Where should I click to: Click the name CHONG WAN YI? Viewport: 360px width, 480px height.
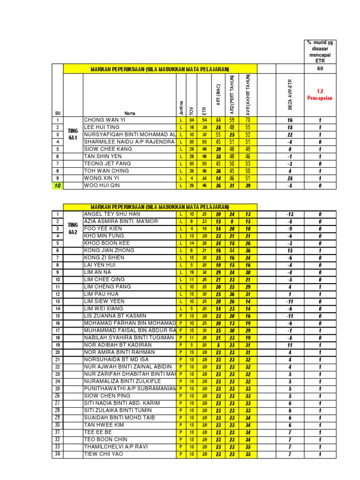(x=105, y=120)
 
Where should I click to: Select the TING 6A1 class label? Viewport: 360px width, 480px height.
(x=72, y=134)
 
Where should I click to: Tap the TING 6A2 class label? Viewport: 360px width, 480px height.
(x=72, y=228)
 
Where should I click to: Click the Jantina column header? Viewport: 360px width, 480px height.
(x=181, y=107)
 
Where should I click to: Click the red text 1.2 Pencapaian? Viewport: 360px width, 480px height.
(x=320, y=95)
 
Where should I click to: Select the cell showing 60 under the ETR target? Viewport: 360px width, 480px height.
(x=320, y=68)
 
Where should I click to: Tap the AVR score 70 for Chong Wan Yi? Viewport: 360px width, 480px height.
(x=248, y=120)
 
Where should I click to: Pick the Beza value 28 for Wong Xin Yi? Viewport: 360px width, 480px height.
(x=290, y=178)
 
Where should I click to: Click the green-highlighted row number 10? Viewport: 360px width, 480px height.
(x=58, y=186)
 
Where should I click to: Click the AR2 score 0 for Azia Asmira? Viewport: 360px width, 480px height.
(x=231, y=221)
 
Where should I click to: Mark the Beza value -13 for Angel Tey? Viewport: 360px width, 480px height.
(x=290, y=214)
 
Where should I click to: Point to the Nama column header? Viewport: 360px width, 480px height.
(x=129, y=113)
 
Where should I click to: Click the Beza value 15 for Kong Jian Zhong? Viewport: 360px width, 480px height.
(x=290, y=250)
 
